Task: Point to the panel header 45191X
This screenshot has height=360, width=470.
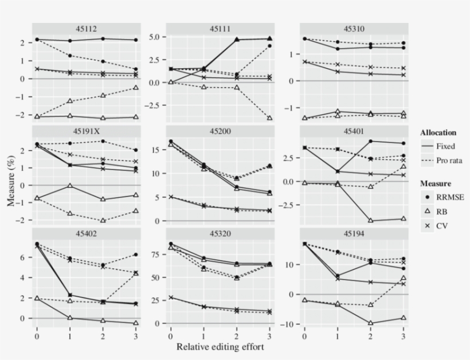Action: click(86, 131)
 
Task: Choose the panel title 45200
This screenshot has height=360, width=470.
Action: click(220, 131)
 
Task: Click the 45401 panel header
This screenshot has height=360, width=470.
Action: click(354, 131)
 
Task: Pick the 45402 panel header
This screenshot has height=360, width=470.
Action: click(86, 233)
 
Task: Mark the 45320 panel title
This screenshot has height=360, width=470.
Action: click(220, 233)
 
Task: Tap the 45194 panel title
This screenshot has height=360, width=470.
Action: click(354, 233)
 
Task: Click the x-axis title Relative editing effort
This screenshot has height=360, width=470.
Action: click(221, 347)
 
